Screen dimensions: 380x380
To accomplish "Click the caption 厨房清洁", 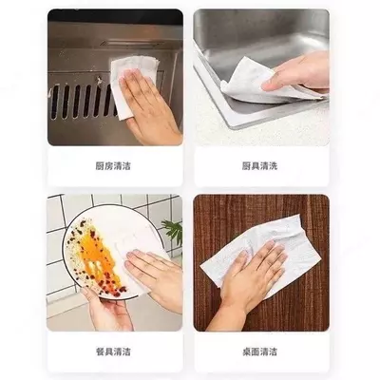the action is (113, 166).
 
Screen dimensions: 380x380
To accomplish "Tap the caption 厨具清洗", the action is (259, 166).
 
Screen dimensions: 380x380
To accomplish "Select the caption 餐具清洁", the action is (113, 351).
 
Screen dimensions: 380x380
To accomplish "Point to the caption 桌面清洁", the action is (259, 351).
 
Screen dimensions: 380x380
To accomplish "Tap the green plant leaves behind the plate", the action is (173, 231).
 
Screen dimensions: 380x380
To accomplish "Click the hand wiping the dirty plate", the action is (155, 275).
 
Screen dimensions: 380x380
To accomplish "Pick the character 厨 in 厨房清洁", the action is (100, 166).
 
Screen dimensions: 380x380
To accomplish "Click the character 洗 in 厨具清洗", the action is (274, 166).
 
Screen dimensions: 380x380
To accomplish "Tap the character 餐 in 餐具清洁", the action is (100, 351).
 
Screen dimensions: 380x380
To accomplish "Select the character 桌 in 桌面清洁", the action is (246, 351).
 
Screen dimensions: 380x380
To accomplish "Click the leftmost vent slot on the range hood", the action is (55, 102).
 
